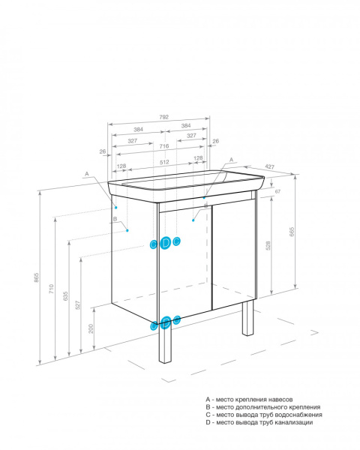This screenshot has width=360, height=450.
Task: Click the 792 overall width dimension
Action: point(164,117)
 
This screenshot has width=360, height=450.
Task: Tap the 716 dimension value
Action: point(164,146)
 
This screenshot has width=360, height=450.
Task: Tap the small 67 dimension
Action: point(277,192)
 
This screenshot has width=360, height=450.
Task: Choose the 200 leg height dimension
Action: point(91,328)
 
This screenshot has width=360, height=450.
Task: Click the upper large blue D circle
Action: point(165,242)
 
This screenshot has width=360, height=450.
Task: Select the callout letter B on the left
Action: point(114,219)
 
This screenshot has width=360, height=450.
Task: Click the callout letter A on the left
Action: point(87,173)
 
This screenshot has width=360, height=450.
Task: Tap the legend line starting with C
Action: point(263,415)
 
